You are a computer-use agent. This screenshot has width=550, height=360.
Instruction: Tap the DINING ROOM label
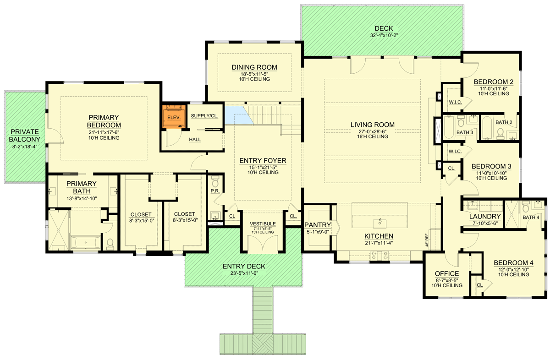254,68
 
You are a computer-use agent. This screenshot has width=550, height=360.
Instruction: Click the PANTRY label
317,224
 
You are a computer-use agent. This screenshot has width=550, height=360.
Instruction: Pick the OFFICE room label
446,274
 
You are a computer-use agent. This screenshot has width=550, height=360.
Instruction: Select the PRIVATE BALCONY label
25,135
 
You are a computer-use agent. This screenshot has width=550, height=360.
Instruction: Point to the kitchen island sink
379,223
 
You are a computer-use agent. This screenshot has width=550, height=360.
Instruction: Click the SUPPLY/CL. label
204,116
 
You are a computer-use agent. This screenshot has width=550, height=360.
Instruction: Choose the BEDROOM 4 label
513,263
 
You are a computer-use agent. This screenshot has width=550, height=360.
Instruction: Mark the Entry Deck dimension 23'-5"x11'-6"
244,273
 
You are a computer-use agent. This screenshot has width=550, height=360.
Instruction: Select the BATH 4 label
531,217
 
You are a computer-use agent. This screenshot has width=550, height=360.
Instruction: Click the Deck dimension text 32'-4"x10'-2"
383,35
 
